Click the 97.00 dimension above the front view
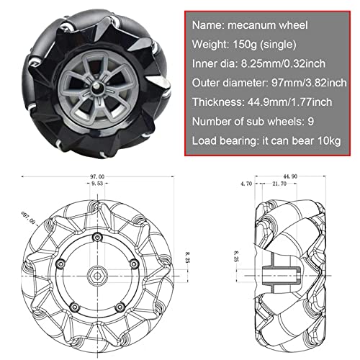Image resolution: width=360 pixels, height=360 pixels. [96, 176]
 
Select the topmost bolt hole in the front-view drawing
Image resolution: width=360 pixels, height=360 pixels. [95, 237]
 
